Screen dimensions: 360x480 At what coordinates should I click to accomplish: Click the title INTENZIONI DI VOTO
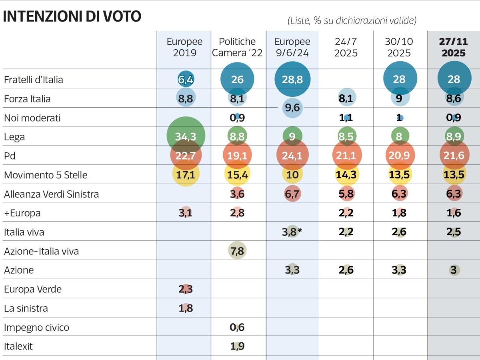[72, 16]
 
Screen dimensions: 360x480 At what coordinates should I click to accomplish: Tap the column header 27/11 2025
[454, 48]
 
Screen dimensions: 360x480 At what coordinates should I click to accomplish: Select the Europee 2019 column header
[184, 48]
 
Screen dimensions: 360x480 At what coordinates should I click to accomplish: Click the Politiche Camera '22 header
[237, 48]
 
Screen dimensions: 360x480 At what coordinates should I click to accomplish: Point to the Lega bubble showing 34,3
[186, 136]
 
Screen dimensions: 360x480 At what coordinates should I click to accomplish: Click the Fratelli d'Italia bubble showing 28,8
[292, 79]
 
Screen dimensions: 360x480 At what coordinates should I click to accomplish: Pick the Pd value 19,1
[237, 156]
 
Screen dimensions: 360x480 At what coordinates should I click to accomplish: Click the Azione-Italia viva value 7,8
[237, 251]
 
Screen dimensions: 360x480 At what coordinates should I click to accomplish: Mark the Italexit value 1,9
[237, 346]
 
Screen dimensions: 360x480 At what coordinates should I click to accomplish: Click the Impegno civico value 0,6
[237, 327]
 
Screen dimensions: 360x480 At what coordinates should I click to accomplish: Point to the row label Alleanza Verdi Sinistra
[51, 194]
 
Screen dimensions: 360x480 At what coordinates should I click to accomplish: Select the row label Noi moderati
[32, 118]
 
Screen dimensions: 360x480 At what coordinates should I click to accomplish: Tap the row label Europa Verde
[33, 289]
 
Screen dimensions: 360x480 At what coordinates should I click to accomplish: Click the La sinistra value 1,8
[186, 308]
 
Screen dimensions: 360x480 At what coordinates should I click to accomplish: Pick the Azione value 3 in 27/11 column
[454, 270]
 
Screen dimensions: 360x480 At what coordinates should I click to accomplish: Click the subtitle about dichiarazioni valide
[352, 20]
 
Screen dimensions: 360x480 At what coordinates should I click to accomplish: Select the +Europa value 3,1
[186, 213]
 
